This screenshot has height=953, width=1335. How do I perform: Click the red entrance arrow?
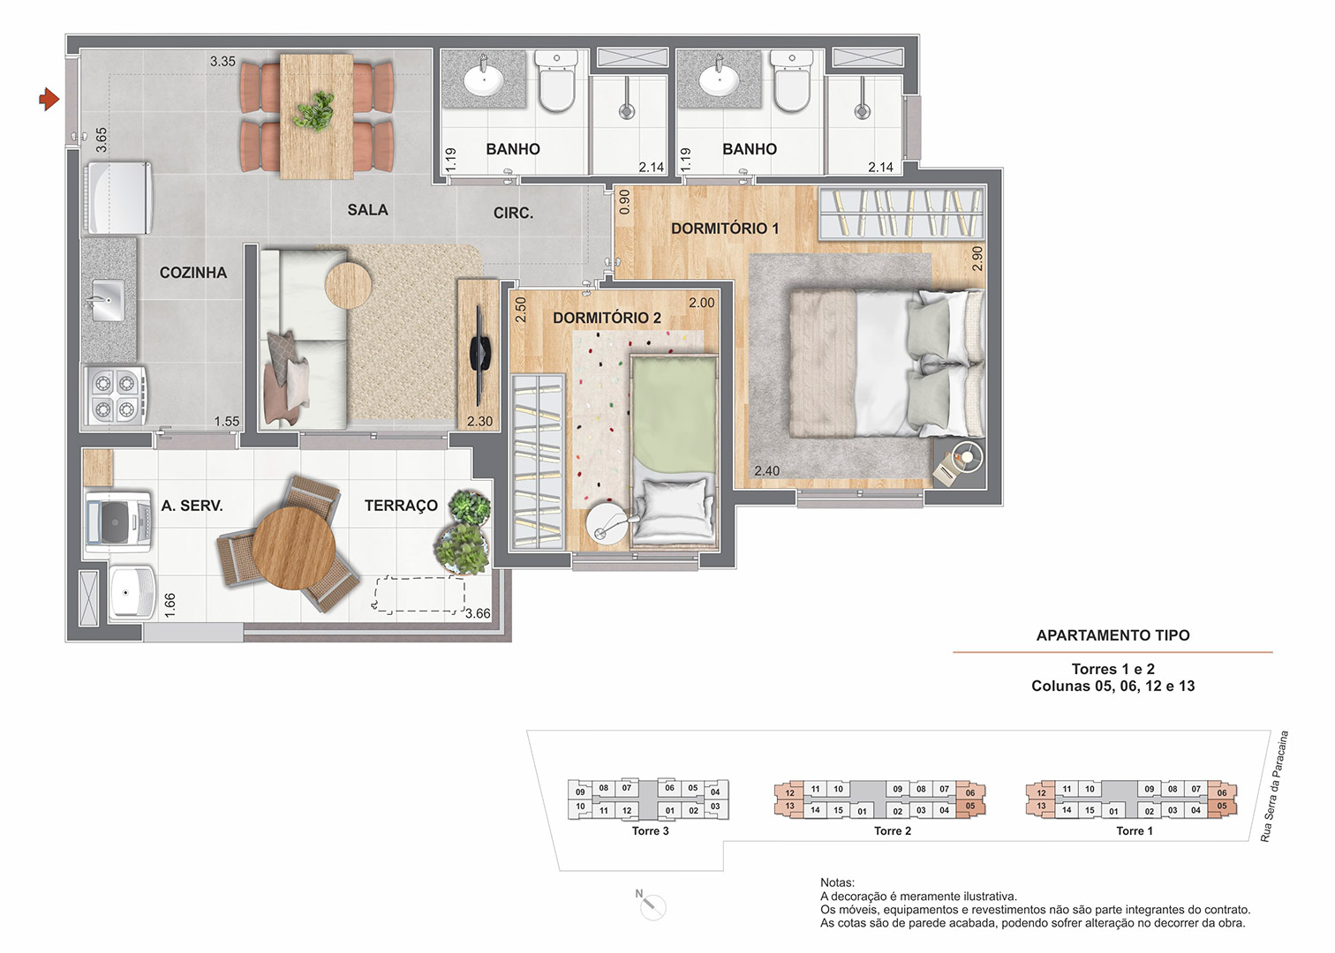[49, 99]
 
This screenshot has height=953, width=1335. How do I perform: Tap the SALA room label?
[367, 210]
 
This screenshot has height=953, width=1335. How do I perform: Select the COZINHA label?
[193, 273]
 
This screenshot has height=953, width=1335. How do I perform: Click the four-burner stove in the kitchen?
[115, 395]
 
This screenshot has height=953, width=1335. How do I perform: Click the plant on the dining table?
[314, 111]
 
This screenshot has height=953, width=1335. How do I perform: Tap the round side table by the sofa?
[348, 286]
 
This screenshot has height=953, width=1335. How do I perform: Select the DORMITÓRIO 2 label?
[607, 318]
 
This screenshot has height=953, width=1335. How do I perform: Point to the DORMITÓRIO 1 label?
[725, 229]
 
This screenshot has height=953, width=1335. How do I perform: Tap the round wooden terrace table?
[294, 548]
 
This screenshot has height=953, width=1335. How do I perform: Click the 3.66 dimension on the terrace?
[478, 613]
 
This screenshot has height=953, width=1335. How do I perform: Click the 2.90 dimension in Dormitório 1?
[977, 259]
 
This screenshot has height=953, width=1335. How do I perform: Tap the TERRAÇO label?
[401, 506]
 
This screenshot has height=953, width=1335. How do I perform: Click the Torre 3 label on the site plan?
[650, 831]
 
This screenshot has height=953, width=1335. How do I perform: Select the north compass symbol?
[652, 906]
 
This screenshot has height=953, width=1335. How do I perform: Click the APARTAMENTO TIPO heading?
[1112, 635]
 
